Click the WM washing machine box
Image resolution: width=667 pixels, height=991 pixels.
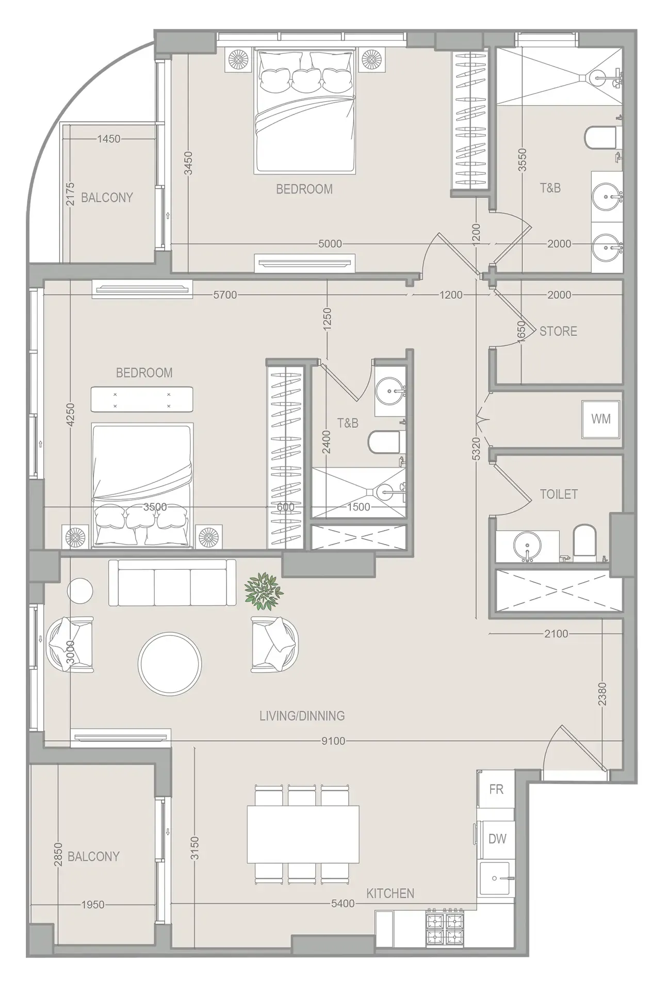(x=601, y=419)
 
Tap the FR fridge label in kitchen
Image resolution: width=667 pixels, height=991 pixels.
(x=496, y=789)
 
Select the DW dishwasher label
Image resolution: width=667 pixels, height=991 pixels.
(x=497, y=839)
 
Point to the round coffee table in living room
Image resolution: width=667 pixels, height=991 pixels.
(x=170, y=663)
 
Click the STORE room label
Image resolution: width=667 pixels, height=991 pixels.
(x=558, y=331)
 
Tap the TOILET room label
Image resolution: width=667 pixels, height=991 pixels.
(x=559, y=494)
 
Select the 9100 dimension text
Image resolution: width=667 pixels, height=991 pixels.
(x=333, y=741)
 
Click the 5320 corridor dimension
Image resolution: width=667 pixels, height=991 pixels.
(x=476, y=449)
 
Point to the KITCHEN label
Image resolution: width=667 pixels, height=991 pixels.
(x=390, y=893)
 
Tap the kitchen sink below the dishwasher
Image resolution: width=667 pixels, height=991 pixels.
(x=495, y=878)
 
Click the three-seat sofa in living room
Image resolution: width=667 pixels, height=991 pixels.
(x=172, y=583)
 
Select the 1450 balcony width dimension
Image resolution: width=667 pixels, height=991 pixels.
(x=109, y=138)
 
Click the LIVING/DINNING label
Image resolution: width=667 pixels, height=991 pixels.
(x=302, y=716)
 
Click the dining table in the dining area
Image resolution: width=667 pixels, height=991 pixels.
(x=303, y=834)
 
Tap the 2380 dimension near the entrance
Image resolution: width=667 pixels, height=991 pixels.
(x=602, y=694)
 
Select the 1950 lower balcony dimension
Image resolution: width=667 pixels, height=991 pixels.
(x=93, y=904)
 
